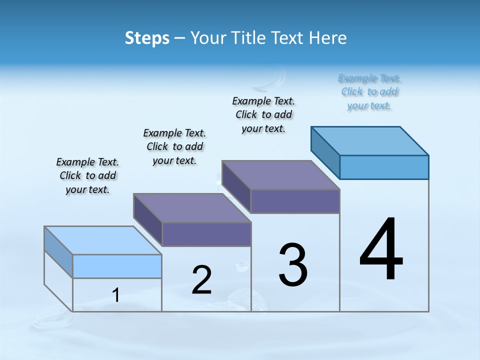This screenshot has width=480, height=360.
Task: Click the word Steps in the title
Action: tap(147, 38)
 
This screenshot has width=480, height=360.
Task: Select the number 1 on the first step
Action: tap(116, 295)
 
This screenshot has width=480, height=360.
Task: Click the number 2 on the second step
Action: tap(201, 279)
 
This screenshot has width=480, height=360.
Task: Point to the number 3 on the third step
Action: tap(293, 265)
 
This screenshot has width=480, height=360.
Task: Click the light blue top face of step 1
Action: tap(103, 240)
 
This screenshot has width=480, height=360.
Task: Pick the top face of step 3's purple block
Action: tap(281, 175)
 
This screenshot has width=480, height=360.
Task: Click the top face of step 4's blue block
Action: tap(370, 141)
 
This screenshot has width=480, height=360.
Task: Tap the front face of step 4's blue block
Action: tap(384, 167)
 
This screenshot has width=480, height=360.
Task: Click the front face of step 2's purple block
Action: tap(206, 234)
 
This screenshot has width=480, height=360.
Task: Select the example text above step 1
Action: tap(87, 175)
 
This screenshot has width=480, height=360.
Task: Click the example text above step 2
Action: tap(174, 146)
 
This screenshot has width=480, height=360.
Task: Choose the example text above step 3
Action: tap(263, 114)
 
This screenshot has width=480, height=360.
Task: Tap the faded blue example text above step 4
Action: tap(369, 91)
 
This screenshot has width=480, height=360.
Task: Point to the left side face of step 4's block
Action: tap(325, 152)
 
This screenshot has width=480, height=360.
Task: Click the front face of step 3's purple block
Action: tap(295, 201)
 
